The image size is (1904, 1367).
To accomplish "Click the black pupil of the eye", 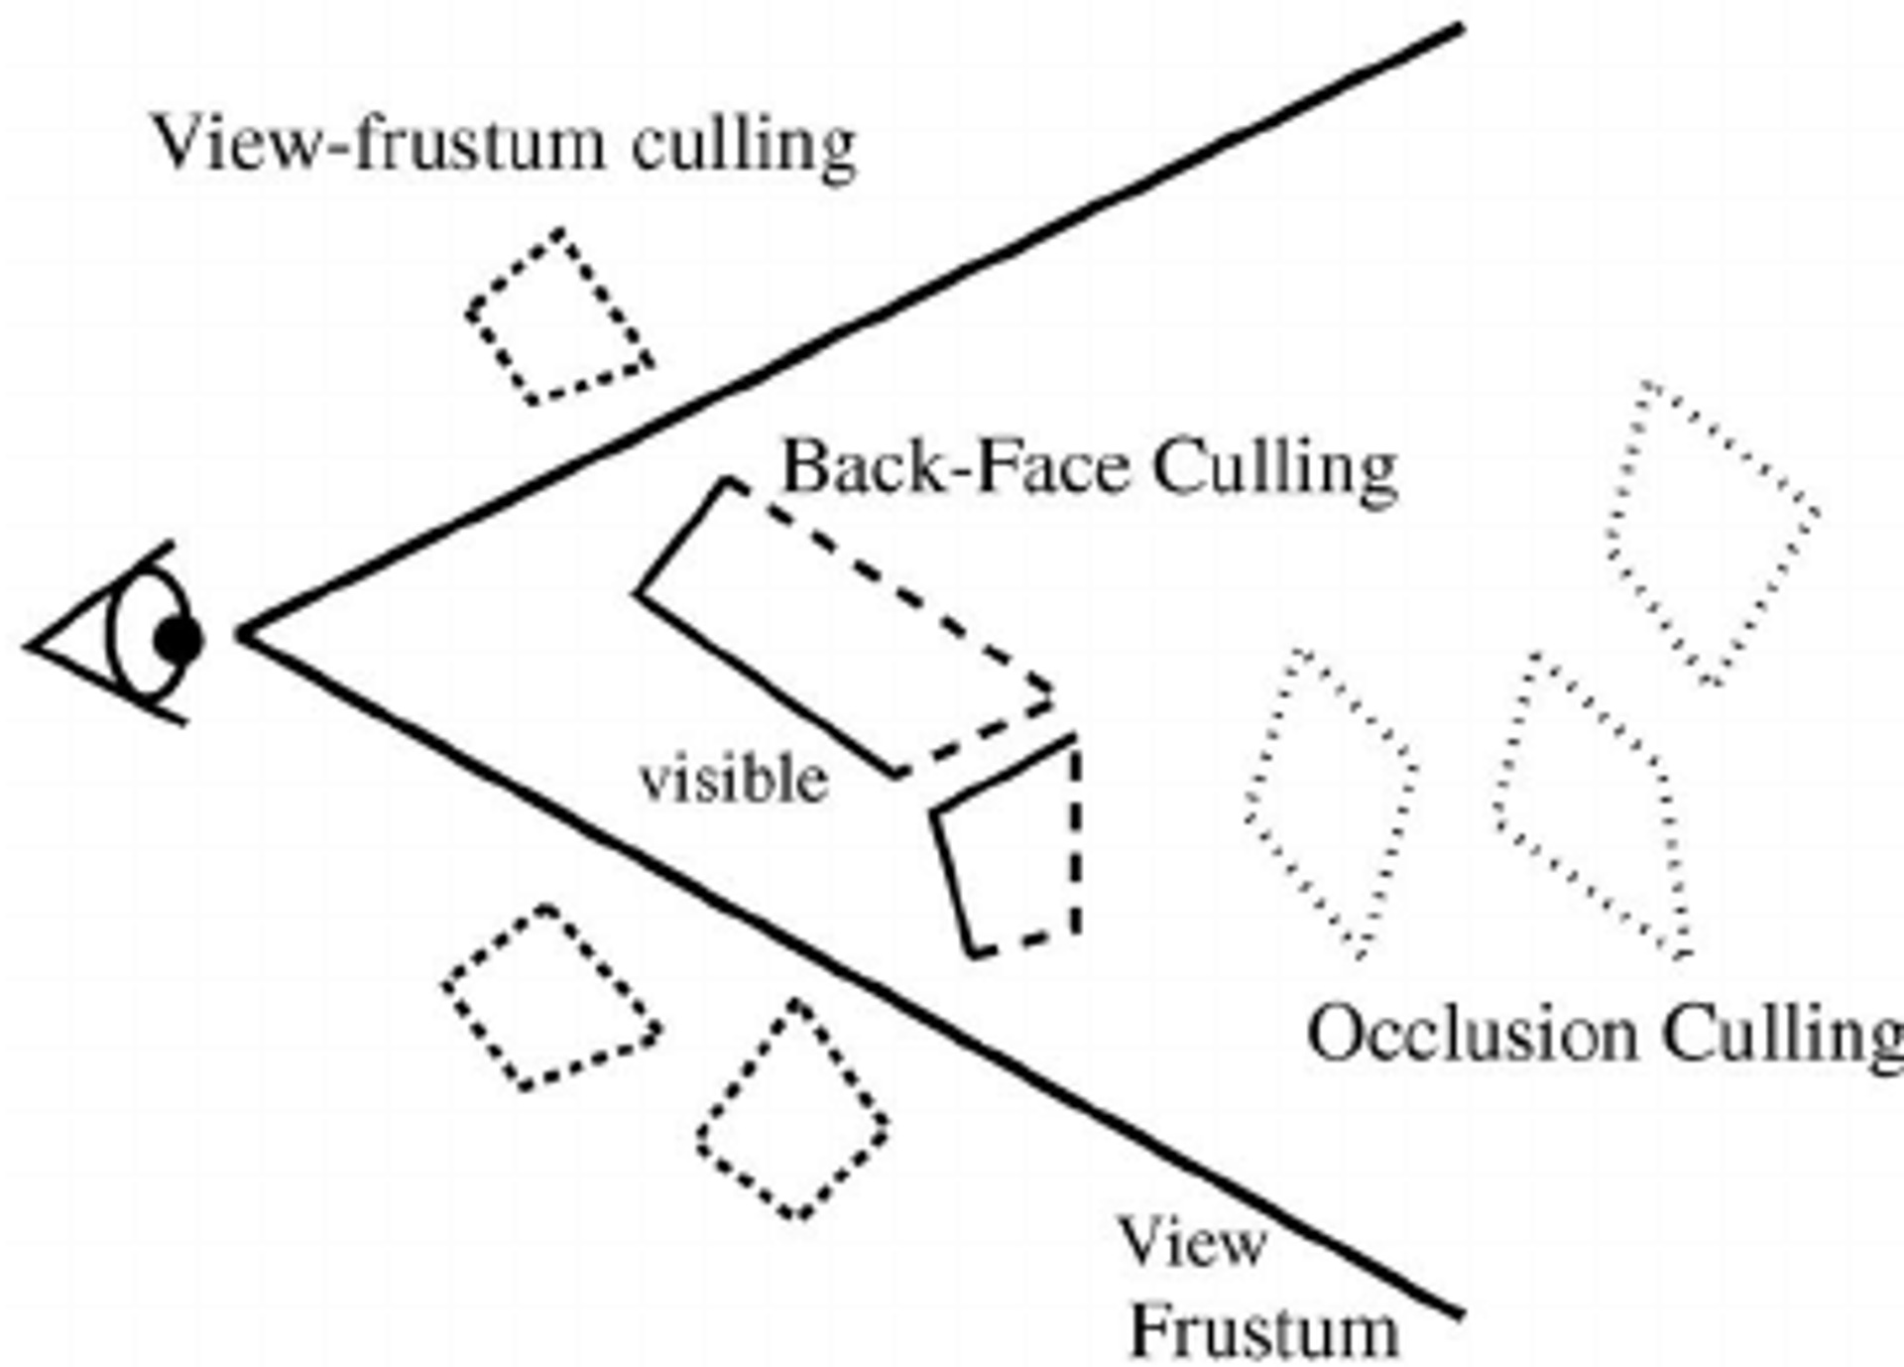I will [x=178, y=640].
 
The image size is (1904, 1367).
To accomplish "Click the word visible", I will [x=734, y=780].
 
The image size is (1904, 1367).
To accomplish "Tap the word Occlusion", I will [x=1472, y=1034].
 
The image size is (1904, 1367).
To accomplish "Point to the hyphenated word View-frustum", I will [x=377, y=143].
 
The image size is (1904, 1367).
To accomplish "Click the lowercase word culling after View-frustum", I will [x=744, y=147].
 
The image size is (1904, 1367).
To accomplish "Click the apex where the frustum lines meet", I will [x=244, y=632].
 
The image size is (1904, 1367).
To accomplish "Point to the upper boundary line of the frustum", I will [x=853, y=327].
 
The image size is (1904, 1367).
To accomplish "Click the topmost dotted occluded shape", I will [x=1711, y=531].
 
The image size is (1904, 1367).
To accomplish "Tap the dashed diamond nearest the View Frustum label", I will [x=793, y=1111].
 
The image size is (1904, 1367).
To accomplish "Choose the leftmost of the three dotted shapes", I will [x=1329, y=804].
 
